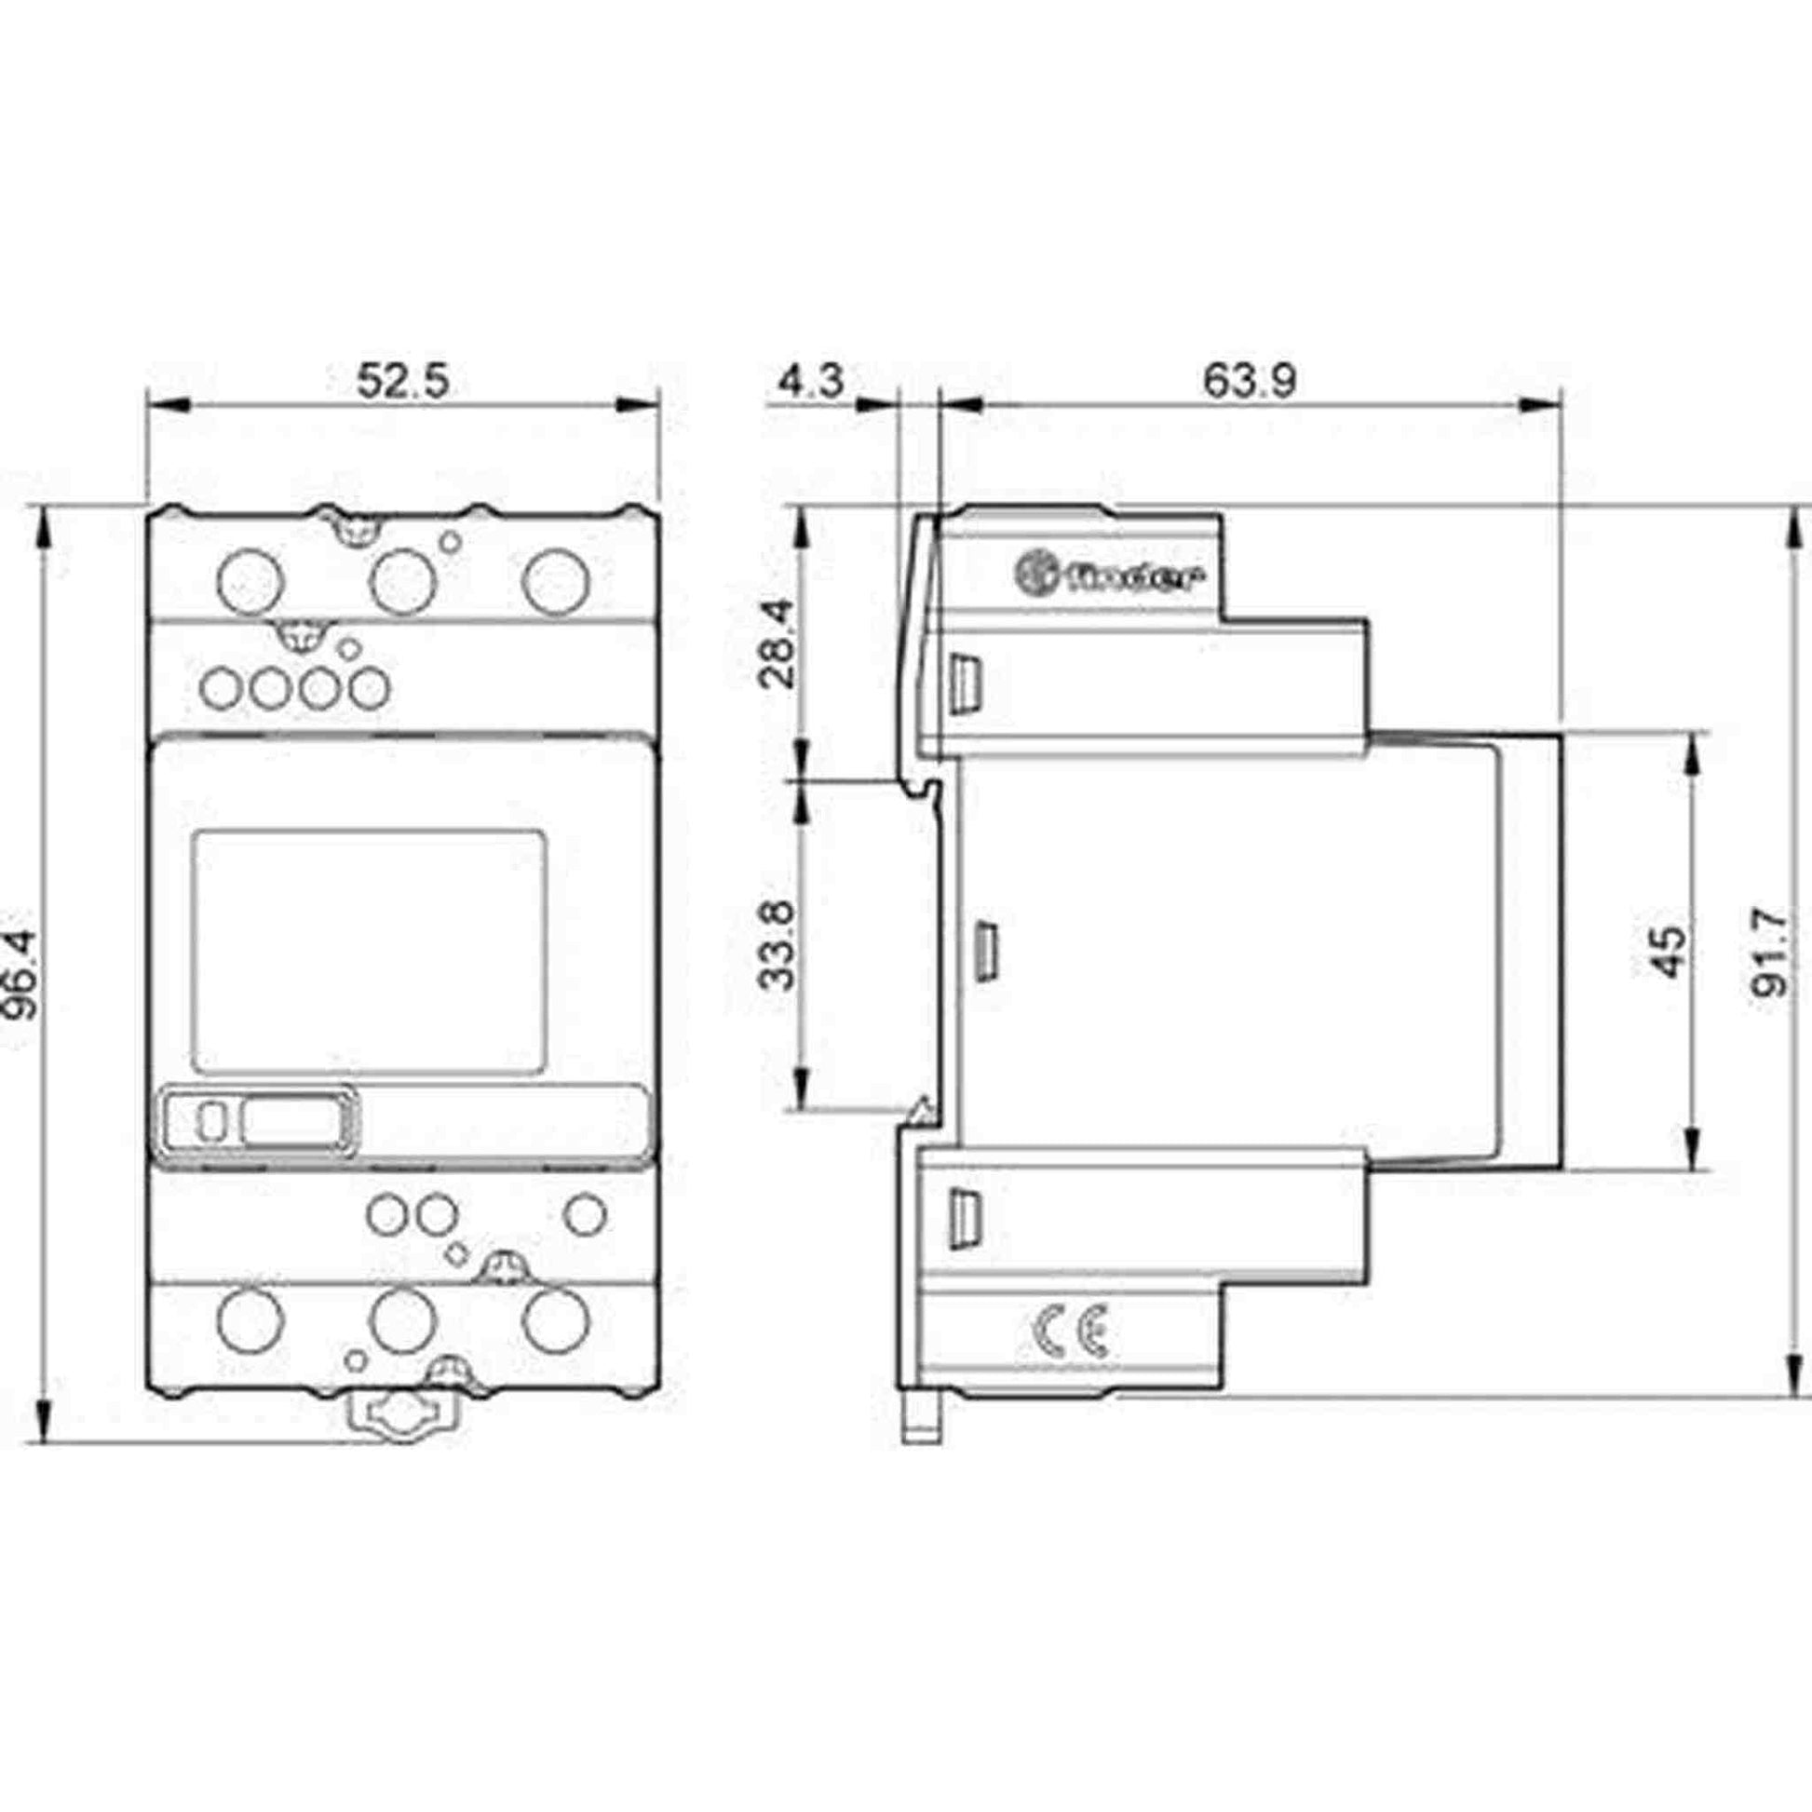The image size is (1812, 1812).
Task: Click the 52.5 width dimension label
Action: point(403,382)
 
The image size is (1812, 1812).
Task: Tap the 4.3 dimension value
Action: point(811,382)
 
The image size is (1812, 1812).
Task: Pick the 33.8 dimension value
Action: point(778,944)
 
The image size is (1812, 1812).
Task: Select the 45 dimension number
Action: point(1669,952)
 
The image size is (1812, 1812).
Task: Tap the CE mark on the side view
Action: point(1071,1332)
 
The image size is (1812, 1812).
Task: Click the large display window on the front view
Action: point(369,952)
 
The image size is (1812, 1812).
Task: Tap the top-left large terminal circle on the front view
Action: point(250,583)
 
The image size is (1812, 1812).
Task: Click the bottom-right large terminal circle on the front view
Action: point(556,1320)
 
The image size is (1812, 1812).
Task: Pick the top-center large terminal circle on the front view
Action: point(404,583)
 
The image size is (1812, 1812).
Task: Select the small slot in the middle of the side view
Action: point(986,952)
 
